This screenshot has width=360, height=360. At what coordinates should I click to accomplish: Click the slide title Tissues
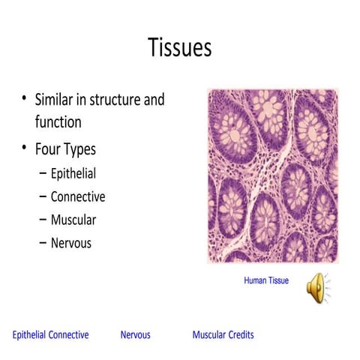(x=180, y=48)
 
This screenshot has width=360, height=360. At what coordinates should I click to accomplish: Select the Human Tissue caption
(x=266, y=280)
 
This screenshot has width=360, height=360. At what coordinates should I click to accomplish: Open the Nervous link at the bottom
(x=135, y=334)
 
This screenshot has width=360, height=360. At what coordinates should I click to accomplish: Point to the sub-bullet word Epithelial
(x=73, y=174)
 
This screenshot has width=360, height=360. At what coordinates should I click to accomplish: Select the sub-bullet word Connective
(x=78, y=197)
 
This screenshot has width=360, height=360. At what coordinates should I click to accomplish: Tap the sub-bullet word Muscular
(x=73, y=220)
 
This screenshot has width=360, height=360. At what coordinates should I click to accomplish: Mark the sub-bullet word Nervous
(x=71, y=243)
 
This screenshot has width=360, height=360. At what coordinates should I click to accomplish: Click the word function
(x=58, y=121)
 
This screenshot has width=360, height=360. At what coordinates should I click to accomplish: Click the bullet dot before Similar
(x=24, y=100)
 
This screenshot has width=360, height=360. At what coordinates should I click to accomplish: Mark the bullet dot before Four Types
(x=24, y=148)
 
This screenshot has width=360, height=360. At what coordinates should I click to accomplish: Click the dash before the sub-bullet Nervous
(x=43, y=243)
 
